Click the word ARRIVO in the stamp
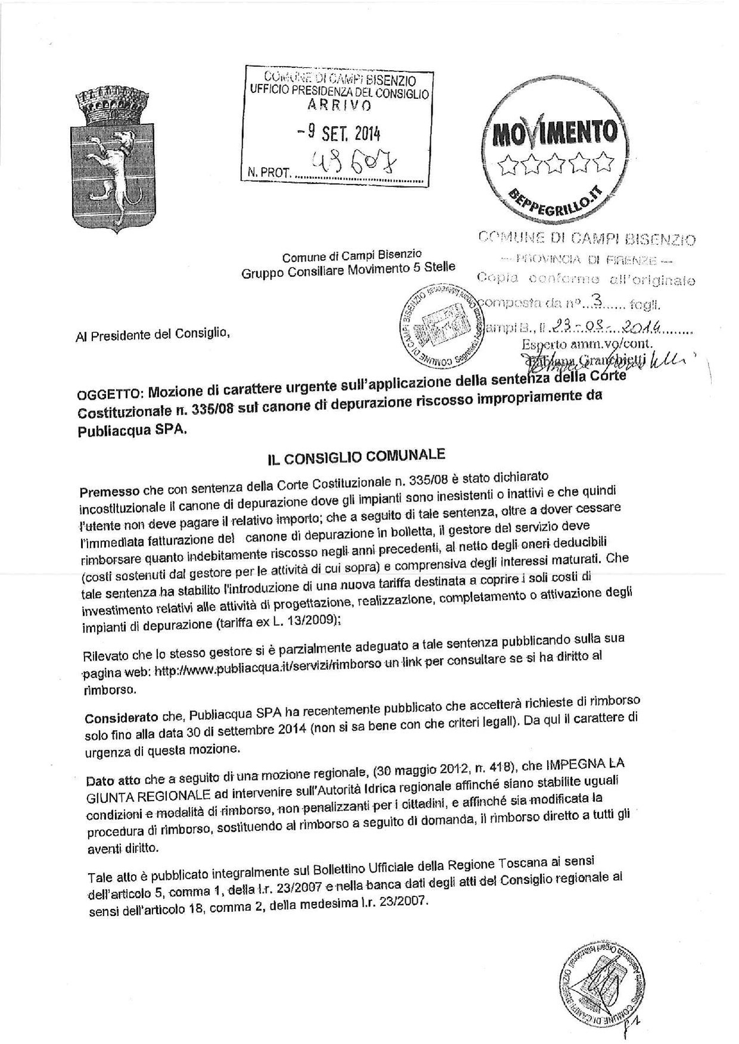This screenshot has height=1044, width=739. (x=339, y=105)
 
